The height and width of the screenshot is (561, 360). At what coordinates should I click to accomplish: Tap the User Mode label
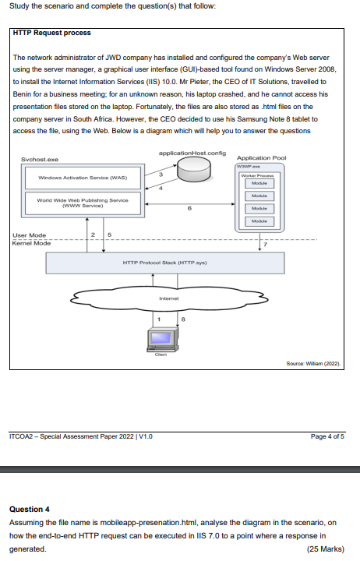(30, 235)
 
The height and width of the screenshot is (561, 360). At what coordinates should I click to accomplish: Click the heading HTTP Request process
(52, 33)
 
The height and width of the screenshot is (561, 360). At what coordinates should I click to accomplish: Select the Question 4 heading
(29, 508)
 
